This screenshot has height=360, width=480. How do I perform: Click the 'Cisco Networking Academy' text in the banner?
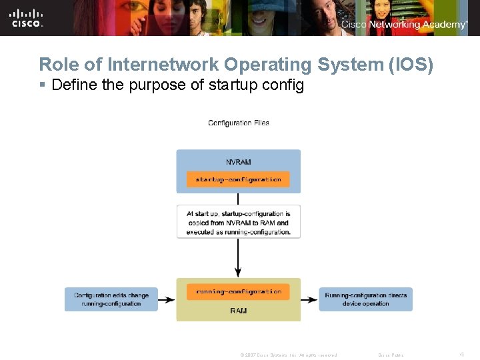click(404, 25)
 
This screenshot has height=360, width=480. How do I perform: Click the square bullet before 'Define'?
click(42, 85)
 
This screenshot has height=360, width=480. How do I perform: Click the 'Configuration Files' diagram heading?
click(239, 123)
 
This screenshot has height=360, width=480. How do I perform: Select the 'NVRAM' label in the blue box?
click(238, 161)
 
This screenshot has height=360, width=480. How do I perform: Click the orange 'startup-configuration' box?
click(238, 179)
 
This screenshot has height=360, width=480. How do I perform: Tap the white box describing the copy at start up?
click(238, 222)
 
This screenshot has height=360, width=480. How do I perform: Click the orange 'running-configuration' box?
click(238, 291)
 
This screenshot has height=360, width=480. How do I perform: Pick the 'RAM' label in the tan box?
click(238, 311)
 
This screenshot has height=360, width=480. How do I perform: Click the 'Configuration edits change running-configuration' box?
click(111, 299)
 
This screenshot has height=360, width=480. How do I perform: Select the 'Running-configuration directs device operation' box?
click(365, 299)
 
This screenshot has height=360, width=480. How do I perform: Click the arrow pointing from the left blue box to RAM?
click(167, 300)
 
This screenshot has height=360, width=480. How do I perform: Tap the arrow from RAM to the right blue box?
click(309, 300)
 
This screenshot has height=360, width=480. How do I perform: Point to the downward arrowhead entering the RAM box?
click(238, 273)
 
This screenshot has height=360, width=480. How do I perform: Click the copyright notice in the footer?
click(288, 355)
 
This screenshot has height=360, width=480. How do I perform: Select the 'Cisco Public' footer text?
click(391, 355)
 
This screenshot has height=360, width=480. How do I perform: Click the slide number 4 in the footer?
click(461, 354)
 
